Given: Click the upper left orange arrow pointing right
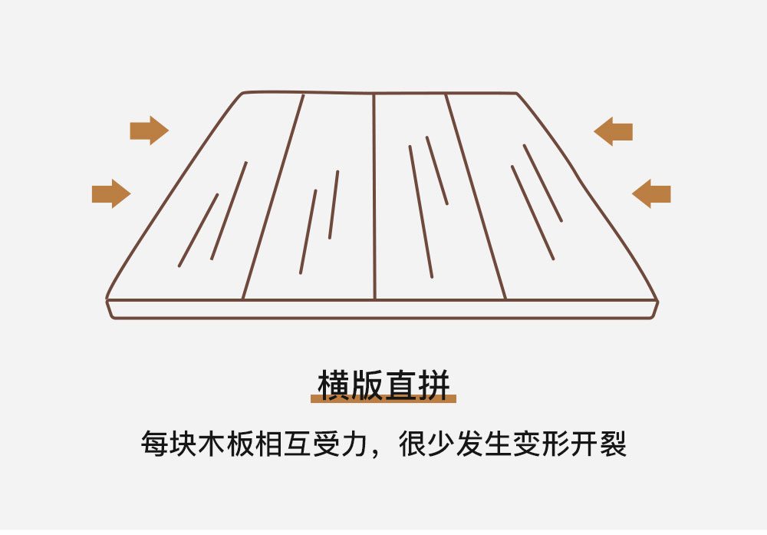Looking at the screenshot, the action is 150,130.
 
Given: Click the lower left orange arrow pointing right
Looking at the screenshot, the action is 111,194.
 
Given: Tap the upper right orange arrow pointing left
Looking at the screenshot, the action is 614,132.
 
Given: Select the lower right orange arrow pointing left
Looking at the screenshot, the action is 651,194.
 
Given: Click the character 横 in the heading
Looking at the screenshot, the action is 335,385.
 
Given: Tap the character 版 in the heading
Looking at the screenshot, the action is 367,385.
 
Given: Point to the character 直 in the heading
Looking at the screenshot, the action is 400,385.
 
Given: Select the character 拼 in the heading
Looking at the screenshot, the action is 433,385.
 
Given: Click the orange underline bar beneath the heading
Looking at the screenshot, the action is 383,399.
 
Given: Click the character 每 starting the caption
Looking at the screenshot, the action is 154,444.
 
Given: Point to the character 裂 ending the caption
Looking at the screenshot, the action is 613,444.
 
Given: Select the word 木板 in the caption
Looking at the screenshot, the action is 225,444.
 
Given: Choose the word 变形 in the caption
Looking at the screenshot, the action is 542,444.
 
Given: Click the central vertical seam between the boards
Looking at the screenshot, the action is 374,196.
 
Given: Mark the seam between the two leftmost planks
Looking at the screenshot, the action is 273,196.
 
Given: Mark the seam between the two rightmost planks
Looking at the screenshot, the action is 476,196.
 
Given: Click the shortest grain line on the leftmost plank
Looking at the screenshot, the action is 198,230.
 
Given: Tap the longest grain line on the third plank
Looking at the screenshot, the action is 421,212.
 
